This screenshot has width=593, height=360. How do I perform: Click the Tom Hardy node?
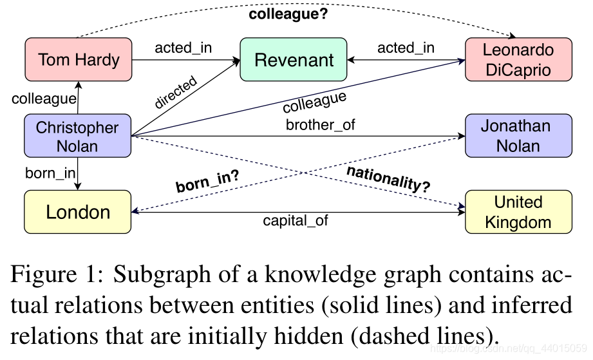[x=79, y=60]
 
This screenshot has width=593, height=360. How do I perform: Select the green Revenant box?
[x=294, y=60]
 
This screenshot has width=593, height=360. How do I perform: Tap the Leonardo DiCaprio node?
[x=518, y=60]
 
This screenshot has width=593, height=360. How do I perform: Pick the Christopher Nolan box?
[x=77, y=136]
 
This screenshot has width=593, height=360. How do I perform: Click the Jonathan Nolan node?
[x=518, y=136]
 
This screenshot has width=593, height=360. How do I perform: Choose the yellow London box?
[x=78, y=212]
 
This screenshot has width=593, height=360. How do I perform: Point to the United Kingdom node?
[x=518, y=212]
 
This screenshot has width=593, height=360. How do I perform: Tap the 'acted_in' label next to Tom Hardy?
[x=184, y=48]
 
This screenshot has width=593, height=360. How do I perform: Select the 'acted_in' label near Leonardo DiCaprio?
[x=406, y=48]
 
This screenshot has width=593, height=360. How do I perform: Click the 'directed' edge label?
[x=175, y=93]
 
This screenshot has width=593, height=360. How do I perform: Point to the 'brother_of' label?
[x=320, y=125]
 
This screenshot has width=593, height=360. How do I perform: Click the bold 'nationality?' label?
[x=388, y=178]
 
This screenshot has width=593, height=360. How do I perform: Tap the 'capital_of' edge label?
[x=296, y=220]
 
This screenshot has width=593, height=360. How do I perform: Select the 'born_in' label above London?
[x=50, y=173]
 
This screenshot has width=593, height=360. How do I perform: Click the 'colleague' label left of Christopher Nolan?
[x=44, y=99]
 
